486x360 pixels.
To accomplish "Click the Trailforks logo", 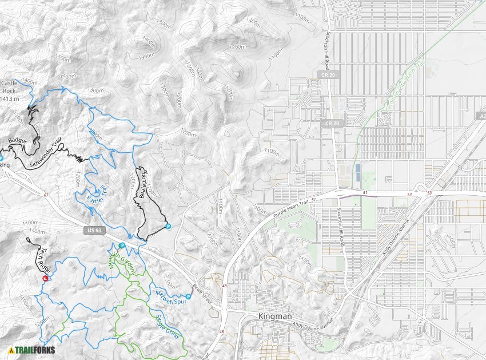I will (31, 350).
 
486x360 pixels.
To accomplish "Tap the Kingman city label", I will (275, 317).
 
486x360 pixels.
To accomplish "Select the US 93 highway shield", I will (94, 231).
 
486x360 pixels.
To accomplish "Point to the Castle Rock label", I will (9, 87).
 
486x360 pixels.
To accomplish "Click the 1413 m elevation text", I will (10, 98).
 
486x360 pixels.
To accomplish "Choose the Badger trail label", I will (17, 140).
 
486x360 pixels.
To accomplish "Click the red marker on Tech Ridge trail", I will (45, 278).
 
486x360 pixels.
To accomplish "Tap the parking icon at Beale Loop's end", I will (168, 226).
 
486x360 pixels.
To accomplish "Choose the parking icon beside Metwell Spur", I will (188, 296).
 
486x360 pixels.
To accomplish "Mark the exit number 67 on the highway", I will (46, 195).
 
